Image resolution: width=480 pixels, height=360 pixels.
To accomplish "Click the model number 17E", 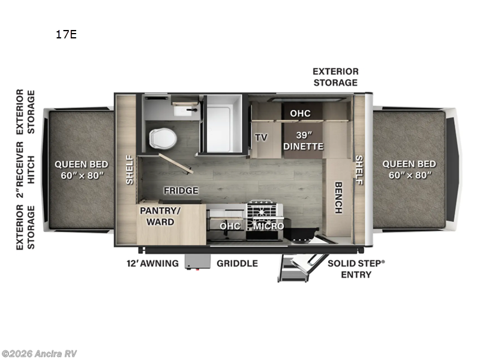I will (66, 34).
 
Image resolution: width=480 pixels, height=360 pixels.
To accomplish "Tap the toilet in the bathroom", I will (163, 138).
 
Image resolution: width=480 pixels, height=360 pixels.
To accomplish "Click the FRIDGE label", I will (181, 191).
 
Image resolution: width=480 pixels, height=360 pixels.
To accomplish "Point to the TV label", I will (261, 137).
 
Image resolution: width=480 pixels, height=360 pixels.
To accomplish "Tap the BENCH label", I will (338, 197).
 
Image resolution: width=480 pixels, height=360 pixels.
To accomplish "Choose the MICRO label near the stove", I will (268, 226).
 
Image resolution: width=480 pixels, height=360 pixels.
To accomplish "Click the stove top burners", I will (265, 211).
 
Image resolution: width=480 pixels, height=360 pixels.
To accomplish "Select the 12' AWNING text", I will (152, 263).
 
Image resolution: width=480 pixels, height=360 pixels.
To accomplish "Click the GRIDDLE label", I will (237, 263).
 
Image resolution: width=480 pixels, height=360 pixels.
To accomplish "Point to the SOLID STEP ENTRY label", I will (356, 269).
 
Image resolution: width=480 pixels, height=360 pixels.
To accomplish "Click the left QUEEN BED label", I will (82, 169).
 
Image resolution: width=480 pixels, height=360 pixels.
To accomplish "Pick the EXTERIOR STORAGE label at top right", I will (335, 77).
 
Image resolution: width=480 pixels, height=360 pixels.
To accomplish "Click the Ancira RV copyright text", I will (39, 353).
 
